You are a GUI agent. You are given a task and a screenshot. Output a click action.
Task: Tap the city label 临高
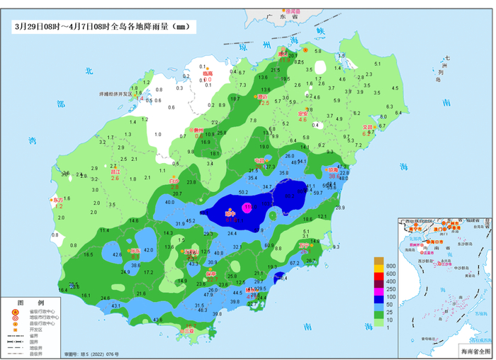pyautogui.click(x=207, y=73)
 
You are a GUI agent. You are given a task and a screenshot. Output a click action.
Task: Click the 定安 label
pyautogui.click(x=303, y=113)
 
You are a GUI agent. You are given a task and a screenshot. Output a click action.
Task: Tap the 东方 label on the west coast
pyautogui.click(x=57, y=200)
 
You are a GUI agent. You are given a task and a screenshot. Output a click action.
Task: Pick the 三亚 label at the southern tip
pyautogui.click(x=190, y=330)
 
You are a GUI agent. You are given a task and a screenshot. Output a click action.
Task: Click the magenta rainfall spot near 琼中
pyautogui.click(x=247, y=208)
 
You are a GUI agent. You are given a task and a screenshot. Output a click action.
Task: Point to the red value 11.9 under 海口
pyautogui.click(x=284, y=60)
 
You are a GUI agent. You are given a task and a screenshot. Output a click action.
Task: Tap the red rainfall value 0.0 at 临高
pyautogui.click(x=208, y=79)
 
